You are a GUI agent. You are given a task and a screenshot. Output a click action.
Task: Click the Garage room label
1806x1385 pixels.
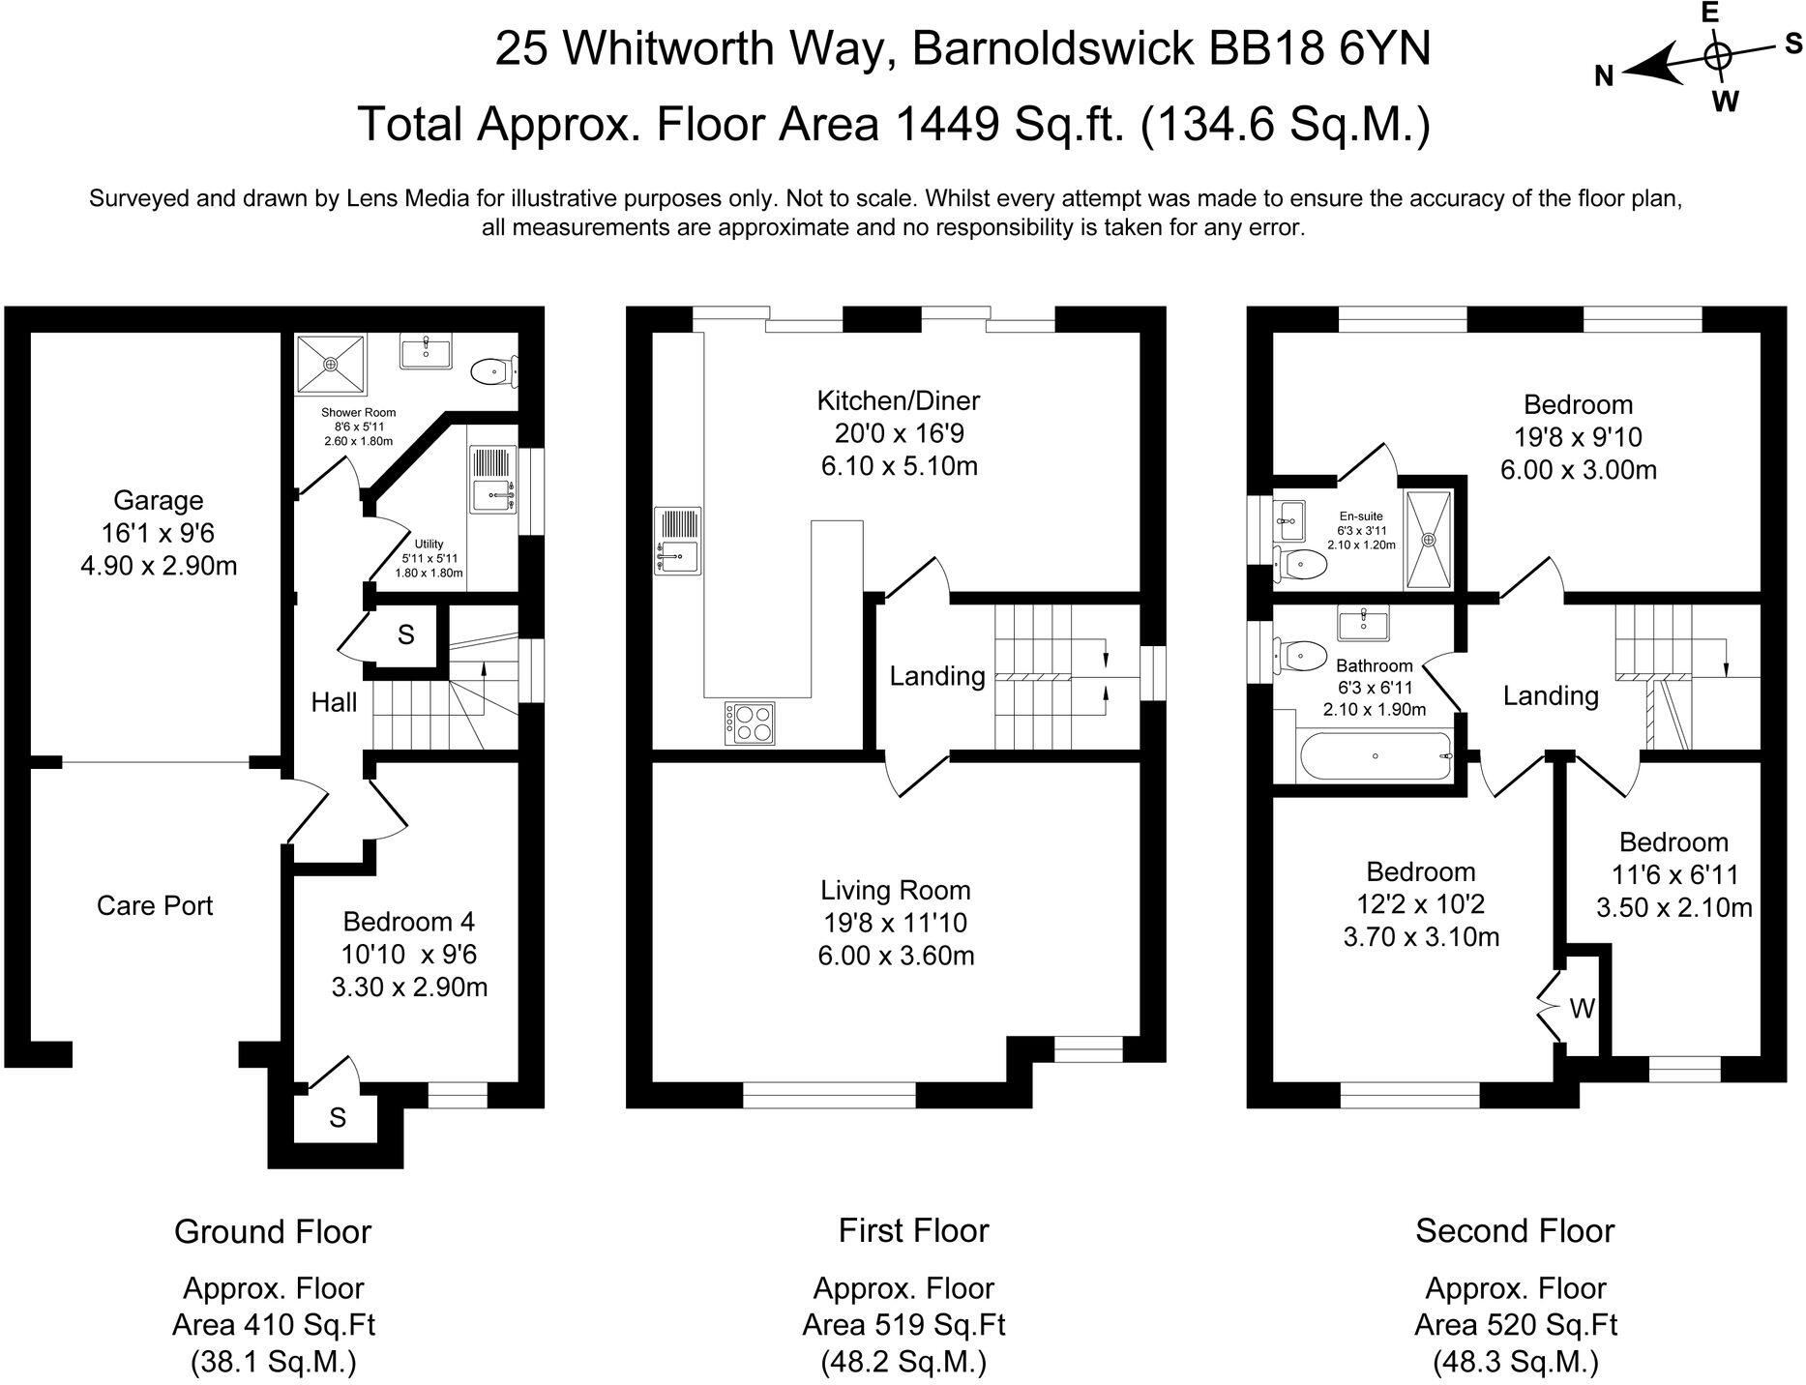coord(159,500)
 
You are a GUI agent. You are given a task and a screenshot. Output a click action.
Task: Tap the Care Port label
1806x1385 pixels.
coord(155,905)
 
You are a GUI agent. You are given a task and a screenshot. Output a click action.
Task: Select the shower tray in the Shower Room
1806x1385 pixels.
coord(331,365)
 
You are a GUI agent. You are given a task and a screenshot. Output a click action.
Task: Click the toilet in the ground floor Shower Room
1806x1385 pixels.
coord(492,370)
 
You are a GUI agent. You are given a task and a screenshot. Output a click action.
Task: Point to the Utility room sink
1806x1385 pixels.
coord(493,479)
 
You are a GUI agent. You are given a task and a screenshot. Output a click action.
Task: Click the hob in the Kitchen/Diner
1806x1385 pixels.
coord(751,722)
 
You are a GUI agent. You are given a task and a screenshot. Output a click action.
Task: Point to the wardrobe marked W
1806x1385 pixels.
coord(1582,1010)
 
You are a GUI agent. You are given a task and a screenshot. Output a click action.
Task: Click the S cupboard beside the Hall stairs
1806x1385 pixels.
coord(406,635)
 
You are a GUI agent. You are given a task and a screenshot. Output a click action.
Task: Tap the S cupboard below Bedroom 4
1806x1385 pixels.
coord(338,1118)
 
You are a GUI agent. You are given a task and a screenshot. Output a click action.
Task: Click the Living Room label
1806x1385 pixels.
coord(895,891)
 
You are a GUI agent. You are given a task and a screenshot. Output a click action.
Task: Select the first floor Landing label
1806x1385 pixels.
coord(936,676)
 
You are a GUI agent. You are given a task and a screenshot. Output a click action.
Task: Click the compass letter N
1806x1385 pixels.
coord(1604,77)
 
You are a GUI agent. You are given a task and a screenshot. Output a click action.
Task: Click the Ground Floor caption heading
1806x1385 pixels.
coord(273,1232)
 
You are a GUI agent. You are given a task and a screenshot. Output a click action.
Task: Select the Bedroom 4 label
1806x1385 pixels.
coord(408,922)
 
